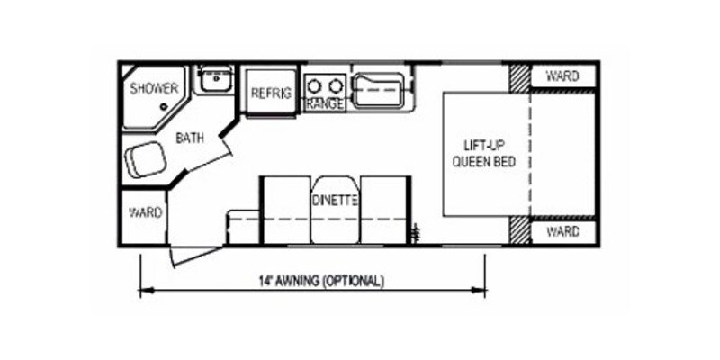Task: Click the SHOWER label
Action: click(x=154, y=88)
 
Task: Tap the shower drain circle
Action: click(x=164, y=107)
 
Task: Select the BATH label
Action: click(x=190, y=139)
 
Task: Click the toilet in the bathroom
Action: click(x=145, y=159)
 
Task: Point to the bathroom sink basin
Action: click(x=215, y=80)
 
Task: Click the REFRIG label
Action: click(x=271, y=94)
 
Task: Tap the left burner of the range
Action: click(x=314, y=85)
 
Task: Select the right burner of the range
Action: click(x=337, y=85)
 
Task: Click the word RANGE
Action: click(x=325, y=104)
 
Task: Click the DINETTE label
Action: click(x=335, y=201)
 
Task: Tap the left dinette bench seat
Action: click(x=286, y=210)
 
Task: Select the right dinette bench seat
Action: click(x=385, y=210)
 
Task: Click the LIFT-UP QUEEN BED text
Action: click(x=484, y=155)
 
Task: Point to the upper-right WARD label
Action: click(x=562, y=76)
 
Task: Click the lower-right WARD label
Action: click(x=562, y=232)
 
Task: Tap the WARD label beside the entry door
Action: click(x=146, y=213)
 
